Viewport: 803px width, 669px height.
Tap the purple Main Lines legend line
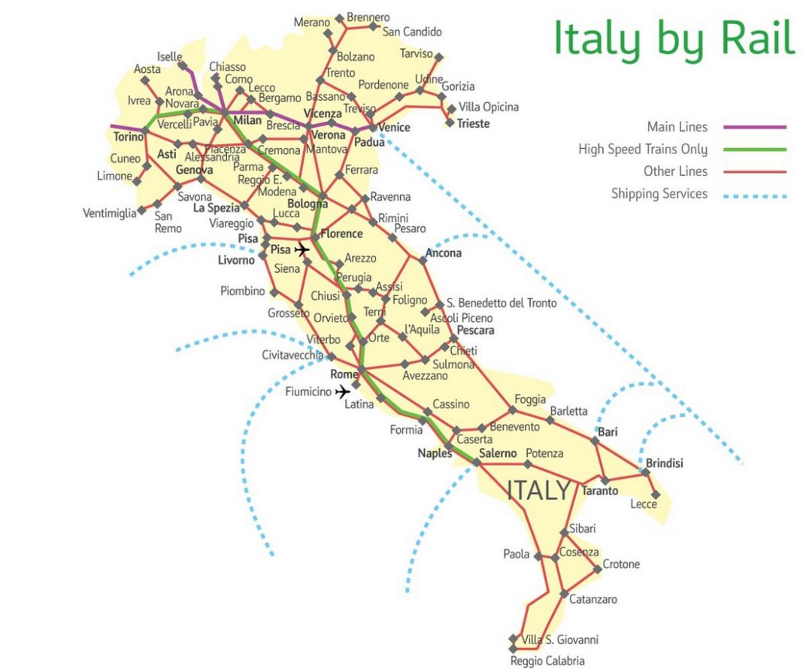(756, 127)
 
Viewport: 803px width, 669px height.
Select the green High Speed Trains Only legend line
(756, 150)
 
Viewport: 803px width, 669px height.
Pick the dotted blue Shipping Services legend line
(756, 195)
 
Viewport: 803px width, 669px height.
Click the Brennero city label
(368, 17)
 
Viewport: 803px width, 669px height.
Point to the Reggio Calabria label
(547, 661)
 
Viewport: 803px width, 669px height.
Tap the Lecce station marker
(656, 494)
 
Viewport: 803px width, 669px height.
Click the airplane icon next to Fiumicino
(343, 392)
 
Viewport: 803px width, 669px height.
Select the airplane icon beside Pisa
(302, 250)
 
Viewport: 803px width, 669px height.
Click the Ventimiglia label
(110, 213)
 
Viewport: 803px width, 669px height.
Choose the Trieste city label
(473, 123)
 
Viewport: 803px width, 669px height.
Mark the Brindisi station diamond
(644, 473)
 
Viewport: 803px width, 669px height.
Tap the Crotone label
(621, 564)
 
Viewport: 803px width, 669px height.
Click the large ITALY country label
(539, 491)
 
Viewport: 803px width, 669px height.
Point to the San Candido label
(411, 32)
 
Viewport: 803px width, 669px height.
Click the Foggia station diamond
(513, 410)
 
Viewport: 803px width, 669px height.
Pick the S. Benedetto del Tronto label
(501, 303)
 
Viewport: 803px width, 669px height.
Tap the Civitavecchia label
(292, 355)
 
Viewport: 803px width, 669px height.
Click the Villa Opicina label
(488, 107)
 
